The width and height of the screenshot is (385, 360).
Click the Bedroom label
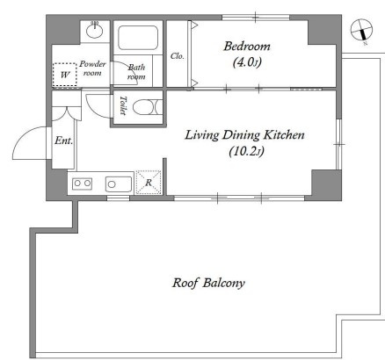[247, 47]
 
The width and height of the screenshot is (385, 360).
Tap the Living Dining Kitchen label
[244, 135]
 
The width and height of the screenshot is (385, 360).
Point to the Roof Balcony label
[208, 283]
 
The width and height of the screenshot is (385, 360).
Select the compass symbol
[361, 31]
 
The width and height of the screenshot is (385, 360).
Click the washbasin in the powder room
[94, 31]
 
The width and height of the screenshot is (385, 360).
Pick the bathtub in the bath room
[138, 38]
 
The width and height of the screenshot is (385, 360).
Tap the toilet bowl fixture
[148, 107]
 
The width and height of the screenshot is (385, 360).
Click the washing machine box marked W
[65, 75]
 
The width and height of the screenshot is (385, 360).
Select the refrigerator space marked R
[149, 183]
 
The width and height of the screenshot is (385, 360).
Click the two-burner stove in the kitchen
[82, 184]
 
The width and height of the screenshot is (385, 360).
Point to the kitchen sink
[119, 184]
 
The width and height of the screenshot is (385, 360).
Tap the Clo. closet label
[178, 55]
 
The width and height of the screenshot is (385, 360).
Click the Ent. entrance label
[63, 140]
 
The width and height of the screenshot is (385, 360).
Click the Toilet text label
[123, 105]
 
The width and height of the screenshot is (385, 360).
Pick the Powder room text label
[92, 68]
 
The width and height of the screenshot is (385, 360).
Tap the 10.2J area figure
[246, 151]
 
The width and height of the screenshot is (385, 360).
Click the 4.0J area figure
[247, 62]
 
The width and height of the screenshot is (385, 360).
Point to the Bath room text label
[136, 72]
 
